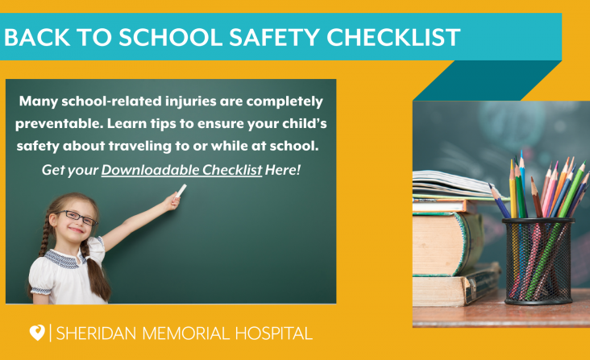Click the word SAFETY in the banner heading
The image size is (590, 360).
coord(275,37)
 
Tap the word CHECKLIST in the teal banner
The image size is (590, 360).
coord(393,37)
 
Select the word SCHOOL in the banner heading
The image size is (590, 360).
coord(171,37)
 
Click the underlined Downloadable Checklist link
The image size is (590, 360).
coord(181,170)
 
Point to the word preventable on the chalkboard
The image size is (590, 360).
coord(59,124)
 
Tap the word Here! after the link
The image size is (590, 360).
coord(283,170)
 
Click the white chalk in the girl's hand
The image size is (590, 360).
coord(181,191)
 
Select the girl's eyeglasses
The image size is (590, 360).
coord(77,217)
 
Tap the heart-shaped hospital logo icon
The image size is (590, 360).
coord(37,333)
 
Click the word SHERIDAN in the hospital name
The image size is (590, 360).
coord(96,333)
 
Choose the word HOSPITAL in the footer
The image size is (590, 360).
coord(274,333)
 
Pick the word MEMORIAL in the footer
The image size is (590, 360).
coord(185,333)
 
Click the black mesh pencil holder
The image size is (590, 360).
coord(538,261)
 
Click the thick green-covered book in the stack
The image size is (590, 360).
coord(448,243)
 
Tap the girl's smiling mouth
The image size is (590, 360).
coord(76,230)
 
